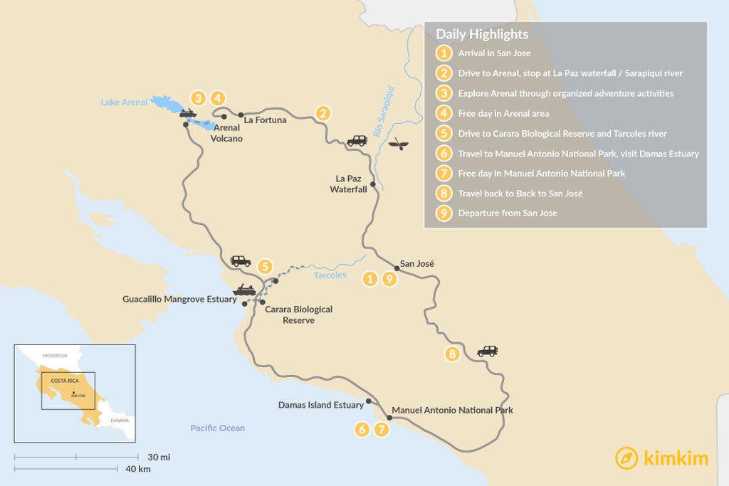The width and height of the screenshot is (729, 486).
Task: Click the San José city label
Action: tap(417, 263)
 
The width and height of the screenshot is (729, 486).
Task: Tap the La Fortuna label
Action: tap(265, 120)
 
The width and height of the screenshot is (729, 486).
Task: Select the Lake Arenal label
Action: tap(124, 102)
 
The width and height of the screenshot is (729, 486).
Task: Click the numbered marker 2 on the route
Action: tap(323, 112)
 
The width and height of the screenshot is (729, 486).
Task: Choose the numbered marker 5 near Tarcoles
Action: tap(265, 266)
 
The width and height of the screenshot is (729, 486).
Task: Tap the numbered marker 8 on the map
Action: tap(451, 354)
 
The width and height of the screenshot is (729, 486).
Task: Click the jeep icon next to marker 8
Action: tap(488, 351)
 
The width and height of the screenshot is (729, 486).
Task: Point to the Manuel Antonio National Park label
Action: tap(452, 411)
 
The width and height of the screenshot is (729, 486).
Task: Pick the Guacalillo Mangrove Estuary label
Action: tap(179, 300)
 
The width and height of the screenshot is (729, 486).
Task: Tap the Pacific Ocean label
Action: tap(217, 428)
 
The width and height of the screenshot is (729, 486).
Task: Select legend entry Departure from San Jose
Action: tap(507, 213)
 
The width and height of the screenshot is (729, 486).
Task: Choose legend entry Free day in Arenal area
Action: tap(503, 113)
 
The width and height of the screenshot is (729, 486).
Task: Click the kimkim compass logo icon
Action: tap(626, 458)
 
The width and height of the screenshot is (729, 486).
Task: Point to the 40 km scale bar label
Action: tap(138, 469)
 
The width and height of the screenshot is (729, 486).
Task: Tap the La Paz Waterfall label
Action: tap(348, 184)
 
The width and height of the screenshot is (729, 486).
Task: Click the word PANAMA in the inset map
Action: tap(120, 421)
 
